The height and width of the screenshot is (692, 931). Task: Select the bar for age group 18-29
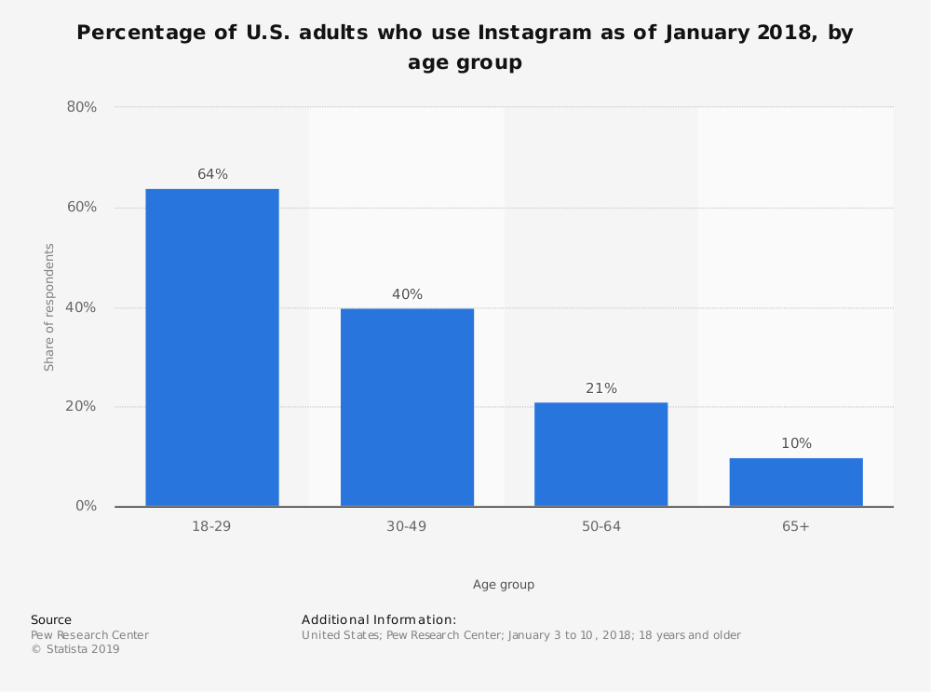click(212, 347)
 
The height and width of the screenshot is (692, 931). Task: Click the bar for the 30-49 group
click(407, 407)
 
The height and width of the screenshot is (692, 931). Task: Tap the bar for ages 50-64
click(600, 455)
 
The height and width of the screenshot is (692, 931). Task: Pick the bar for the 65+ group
click(796, 482)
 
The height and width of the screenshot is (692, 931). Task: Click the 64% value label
click(212, 174)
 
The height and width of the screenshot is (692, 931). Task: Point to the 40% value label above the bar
click(407, 294)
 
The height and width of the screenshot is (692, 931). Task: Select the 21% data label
click(600, 388)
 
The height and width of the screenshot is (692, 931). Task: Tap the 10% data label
click(796, 443)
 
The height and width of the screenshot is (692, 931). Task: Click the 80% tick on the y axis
click(82, 107)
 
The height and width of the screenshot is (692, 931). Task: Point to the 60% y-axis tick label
click(82, 207)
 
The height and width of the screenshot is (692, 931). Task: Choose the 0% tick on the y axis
click(86, 507)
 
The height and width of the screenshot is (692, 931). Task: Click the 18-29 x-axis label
click(211, 527)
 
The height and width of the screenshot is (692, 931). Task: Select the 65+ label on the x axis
click(796, 527)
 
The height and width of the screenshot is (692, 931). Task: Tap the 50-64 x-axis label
click(600, 527)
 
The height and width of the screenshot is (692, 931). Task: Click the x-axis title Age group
click(504, 585)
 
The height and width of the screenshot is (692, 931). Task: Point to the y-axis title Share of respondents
click(49, 307)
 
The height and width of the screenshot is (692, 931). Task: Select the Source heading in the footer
click(51, 619)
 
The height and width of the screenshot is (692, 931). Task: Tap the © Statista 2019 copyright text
click(75, 650)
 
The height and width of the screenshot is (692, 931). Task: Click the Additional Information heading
click(379, 619)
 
